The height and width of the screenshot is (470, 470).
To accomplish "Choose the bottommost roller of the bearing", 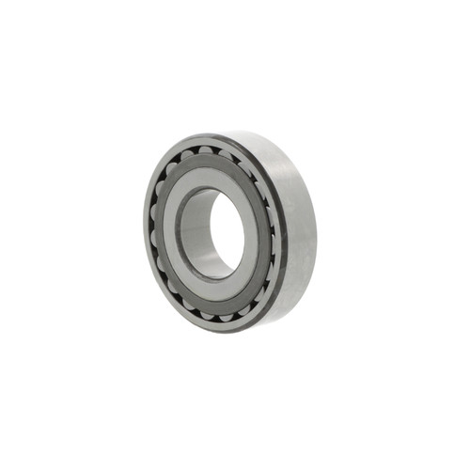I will click(218, 316).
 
